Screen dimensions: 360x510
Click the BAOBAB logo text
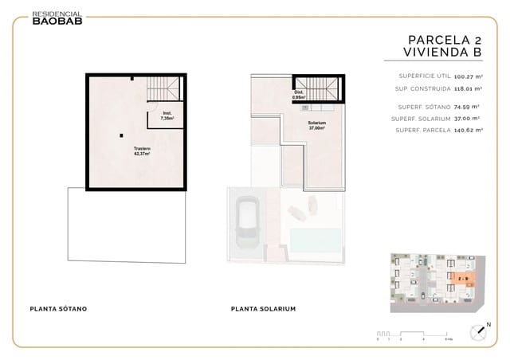[56, 22]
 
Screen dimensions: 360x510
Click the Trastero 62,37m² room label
[142, 151]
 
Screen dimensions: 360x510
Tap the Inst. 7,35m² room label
[167, 115]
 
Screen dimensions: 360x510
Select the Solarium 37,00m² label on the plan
[317, 125]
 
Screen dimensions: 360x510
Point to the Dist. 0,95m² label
[299, 94]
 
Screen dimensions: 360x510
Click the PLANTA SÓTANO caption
[58, 308]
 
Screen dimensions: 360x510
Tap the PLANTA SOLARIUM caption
[263, 308]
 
